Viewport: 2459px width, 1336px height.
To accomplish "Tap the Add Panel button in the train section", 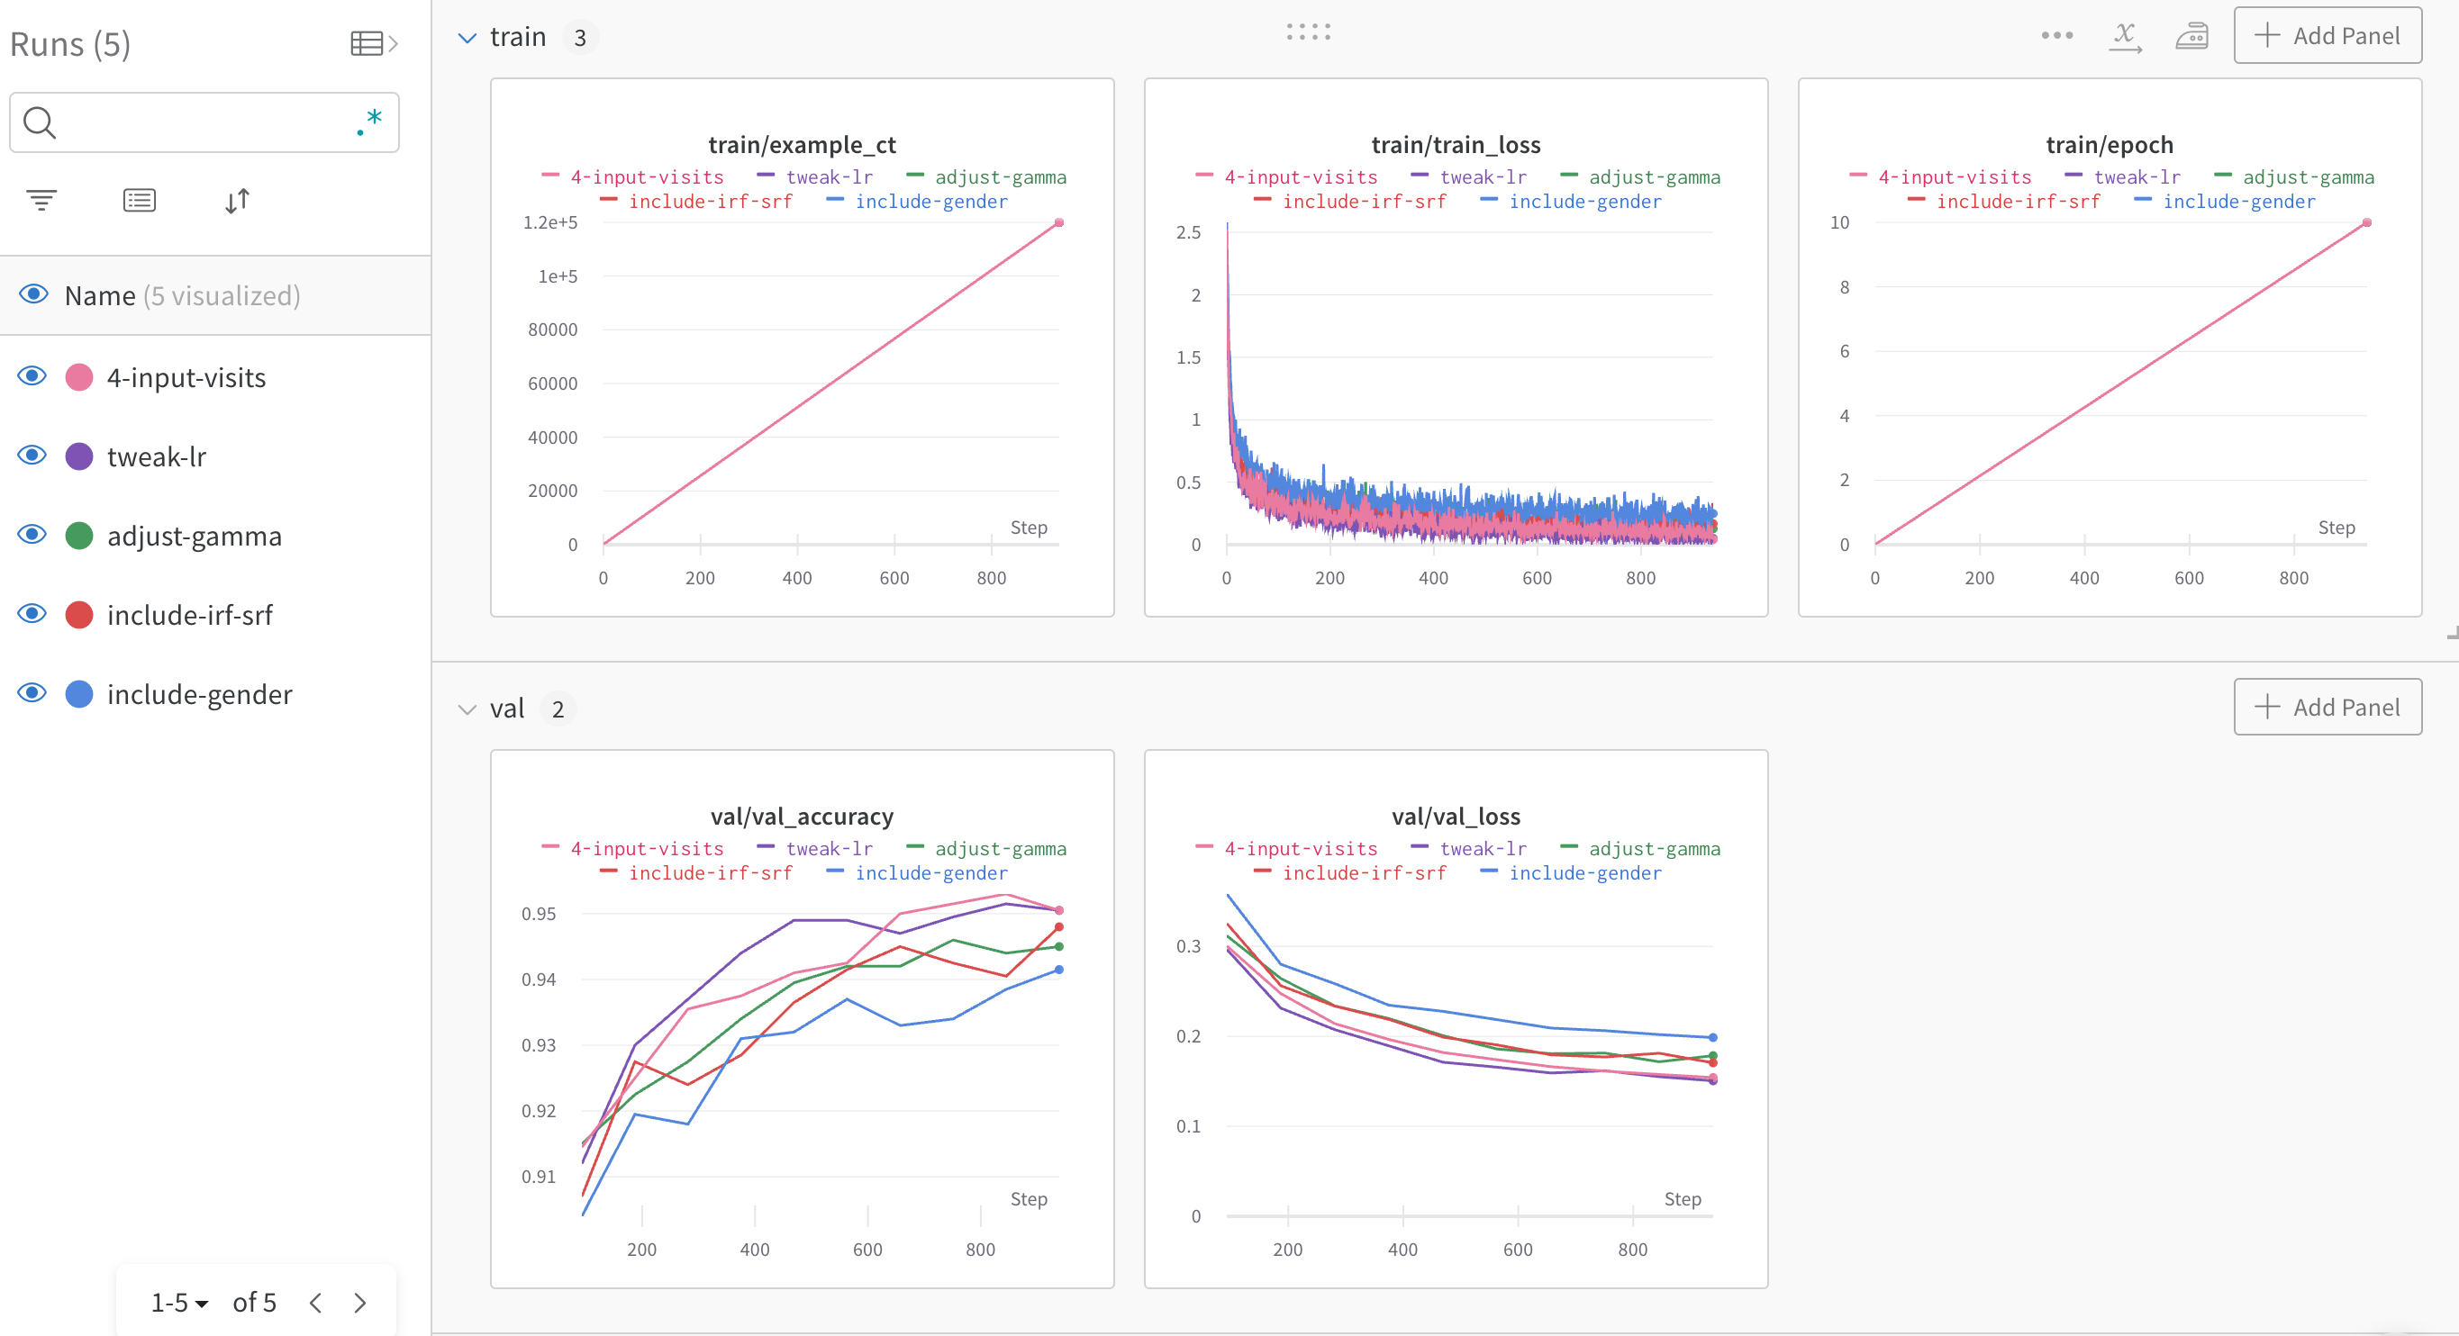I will [2327, 36].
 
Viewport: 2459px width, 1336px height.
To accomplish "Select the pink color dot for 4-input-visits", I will [79, 378].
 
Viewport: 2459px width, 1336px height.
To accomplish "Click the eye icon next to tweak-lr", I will [32, 456].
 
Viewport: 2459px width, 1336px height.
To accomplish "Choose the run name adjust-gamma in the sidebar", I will [194, 537].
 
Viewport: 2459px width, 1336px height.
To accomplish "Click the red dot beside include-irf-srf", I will [79, 616].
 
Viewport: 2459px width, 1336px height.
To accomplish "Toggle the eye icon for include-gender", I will [32, 693].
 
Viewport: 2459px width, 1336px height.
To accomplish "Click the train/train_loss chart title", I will [1455, 145].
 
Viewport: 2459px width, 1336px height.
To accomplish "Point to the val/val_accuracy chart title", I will [801, 817].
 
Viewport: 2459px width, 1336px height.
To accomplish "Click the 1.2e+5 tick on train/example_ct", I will [549, 222].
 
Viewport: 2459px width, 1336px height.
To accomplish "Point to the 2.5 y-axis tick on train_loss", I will [1187, 233].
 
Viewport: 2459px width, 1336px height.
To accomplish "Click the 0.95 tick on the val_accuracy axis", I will [539, 914].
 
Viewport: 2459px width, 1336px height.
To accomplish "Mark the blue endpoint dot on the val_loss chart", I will [1712, 1037].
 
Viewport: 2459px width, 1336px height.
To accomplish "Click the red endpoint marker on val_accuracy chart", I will [1058, 926].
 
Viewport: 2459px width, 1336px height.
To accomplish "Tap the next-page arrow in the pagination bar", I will [360, 1303].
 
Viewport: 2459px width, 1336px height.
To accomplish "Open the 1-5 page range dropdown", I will [179, 1303].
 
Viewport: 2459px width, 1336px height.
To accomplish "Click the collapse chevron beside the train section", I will [467, 38].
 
